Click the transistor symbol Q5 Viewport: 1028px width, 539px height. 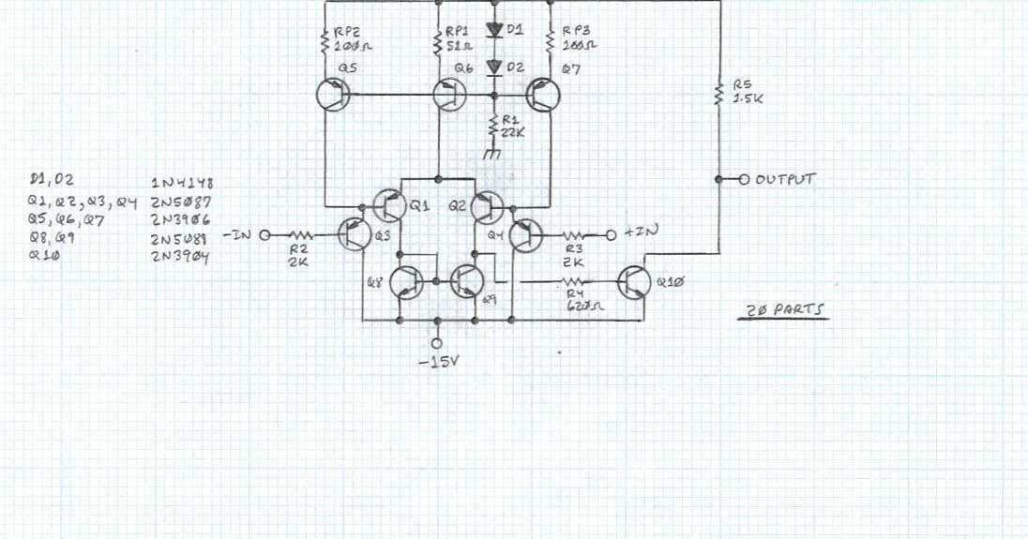tap(331, 96)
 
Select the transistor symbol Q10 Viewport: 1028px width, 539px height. tap(636, 281)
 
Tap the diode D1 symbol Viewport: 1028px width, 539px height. tap(493, 30)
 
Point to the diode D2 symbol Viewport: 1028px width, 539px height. tap(493, 67)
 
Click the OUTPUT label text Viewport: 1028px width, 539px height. tap(784, 178)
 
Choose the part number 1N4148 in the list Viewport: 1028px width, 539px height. tap(182, 182)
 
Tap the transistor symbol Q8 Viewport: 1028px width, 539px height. tap(406, 281)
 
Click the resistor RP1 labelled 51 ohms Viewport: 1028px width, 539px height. tap(438, 43)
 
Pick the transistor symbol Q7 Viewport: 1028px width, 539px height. tap(543, 96)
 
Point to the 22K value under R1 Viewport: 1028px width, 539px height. tap(515, 132)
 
